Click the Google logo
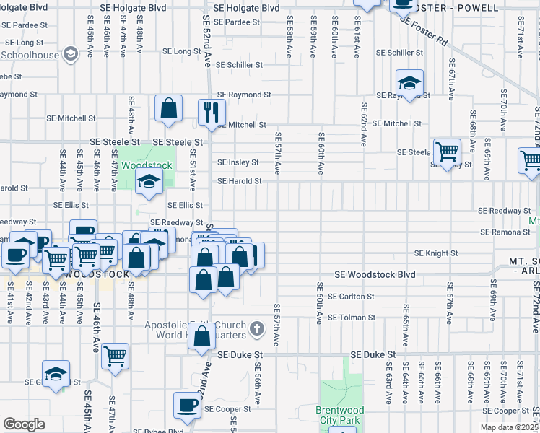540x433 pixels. click(25, 424)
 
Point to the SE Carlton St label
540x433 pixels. click(351, 297)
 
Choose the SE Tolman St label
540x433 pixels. click(351, 318)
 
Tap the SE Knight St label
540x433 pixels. click(436, 253)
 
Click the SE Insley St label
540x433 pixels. click(238, 162)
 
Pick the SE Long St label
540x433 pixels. click(181, 52)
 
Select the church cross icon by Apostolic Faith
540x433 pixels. click(256, 330)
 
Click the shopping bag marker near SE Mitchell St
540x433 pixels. click(168, 110)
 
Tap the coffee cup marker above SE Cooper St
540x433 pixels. click(188, 405)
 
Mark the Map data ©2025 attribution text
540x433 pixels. click(510, 427)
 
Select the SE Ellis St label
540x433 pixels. click(184, 206)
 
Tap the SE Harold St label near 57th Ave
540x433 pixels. click(239, 181)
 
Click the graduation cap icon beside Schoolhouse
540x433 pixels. click(71, 54)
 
